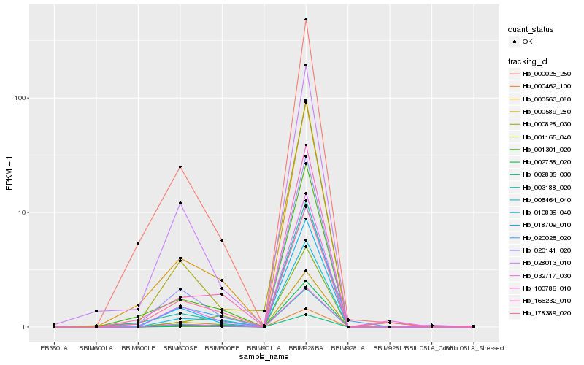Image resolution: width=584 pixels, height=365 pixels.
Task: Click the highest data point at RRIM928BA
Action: coord(306,20)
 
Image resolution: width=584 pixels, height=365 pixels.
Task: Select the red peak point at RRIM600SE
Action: coord(180,166)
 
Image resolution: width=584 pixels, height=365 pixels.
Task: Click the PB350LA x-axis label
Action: coord(54,347)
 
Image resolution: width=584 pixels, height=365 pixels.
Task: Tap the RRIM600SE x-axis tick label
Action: coord(180,347)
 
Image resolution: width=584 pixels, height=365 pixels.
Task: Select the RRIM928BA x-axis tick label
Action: coord(306,347)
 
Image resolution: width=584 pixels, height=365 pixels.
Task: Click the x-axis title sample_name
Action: coord(264,357)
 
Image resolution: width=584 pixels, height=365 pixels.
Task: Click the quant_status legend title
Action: coord(531,30)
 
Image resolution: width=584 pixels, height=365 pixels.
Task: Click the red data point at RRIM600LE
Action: coord(138,243)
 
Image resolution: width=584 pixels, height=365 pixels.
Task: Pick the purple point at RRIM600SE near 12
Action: coord(180,203)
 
